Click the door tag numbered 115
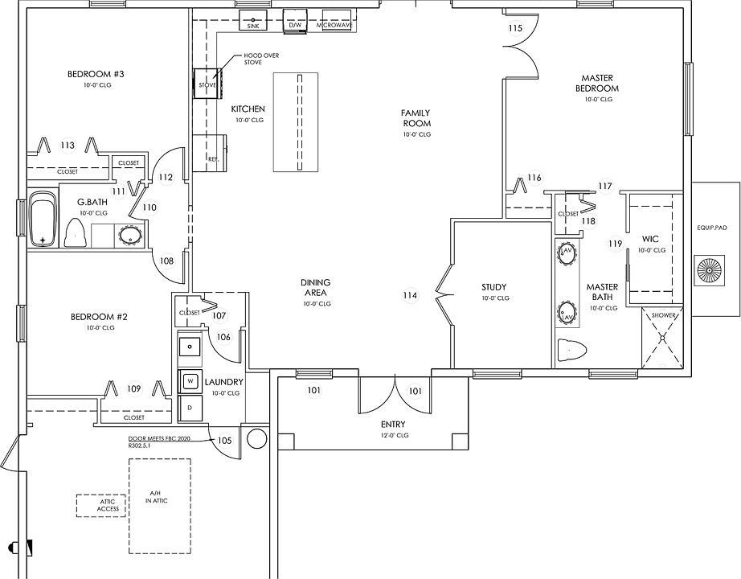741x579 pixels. (516, 29)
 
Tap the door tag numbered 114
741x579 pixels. (410, 295)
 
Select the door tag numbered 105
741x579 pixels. (224, 440)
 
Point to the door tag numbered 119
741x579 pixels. (616, 244)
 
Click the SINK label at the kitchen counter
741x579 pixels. (254, 26)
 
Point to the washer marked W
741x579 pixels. (191, 380)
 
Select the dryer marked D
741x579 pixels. (191, 408)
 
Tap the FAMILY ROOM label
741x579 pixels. (416, 118)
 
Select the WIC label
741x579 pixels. (650, 239)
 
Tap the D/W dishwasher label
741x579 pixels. (295, 26)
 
